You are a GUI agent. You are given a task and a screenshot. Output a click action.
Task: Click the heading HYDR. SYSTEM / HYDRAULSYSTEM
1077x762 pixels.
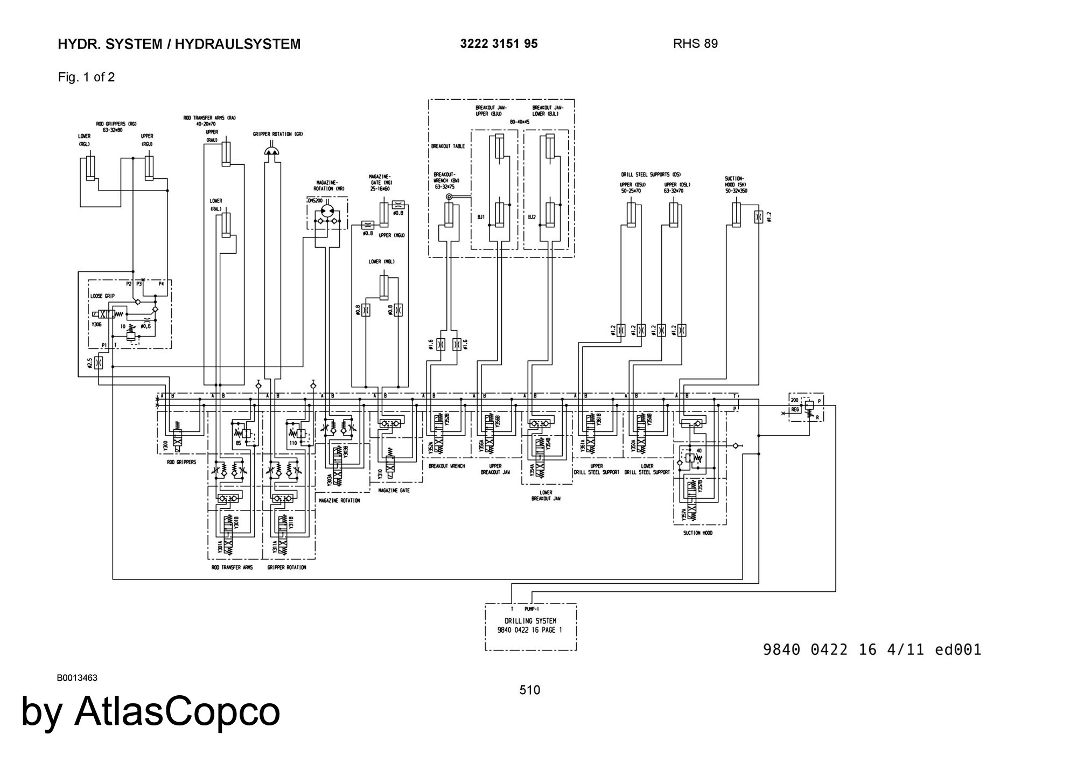pos(179,44)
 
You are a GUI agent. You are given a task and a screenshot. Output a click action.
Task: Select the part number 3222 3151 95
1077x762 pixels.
pos(499,44)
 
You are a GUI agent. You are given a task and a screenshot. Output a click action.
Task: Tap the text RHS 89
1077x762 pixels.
pos(695,44)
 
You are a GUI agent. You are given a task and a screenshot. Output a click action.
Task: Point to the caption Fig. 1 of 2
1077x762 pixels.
pos(86,77)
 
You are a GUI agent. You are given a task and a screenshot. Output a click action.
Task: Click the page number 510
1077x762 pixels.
pos(529,690)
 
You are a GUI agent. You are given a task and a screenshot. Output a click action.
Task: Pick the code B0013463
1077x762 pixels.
pos(77,677)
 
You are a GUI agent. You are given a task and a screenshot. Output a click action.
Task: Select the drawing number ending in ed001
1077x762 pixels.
pos(872,649)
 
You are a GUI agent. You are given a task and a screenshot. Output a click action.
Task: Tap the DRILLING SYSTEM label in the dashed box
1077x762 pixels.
pos(530,621)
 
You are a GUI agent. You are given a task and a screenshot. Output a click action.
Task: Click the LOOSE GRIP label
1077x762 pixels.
pos(102,296)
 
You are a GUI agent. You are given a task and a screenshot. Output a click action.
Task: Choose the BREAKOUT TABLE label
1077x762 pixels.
pos(447,146)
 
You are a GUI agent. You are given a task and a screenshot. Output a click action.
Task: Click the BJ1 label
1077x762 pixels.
pos(481,217)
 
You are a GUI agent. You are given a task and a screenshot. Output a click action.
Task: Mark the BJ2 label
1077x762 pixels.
pos(532,217)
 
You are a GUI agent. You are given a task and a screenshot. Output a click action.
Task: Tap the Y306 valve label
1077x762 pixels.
pos(96,325)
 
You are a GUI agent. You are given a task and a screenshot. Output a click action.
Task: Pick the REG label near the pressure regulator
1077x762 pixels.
pos(795,409)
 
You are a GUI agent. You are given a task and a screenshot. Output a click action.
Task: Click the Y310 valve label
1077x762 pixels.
pos(380,474)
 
